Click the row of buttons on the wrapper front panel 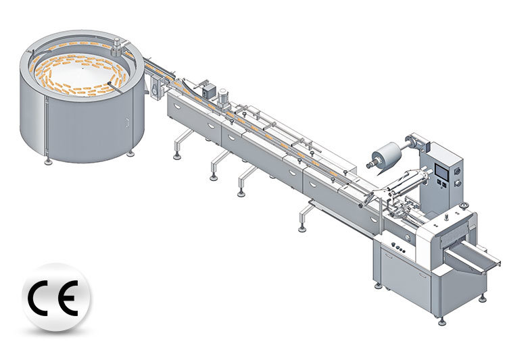coord(399,249)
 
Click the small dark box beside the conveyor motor coord(201,86)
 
